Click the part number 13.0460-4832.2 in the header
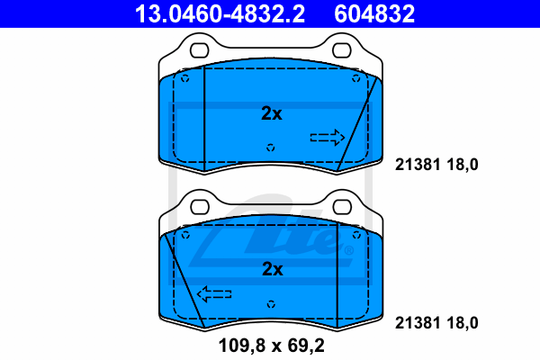pyautogui.click(x=220, y=13)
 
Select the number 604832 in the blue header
pyautogui.click(x=374, y=13)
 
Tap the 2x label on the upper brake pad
pyautogui.click(x=272, y=113)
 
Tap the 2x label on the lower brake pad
pyautogui.click(x=272, y=269)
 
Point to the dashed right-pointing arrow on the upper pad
pyautogui.click(x=328, y=138)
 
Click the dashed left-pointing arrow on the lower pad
pyautogui.click(x=214, y=294)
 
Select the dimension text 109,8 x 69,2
pyautogui.click(x=272, y=346)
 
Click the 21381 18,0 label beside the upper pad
pyautogui.click(x=436, y=165)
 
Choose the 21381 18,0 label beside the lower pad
pyautogui.click(x=436, y=323)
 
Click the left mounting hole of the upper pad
pyautogui.click(x=200, y=50)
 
